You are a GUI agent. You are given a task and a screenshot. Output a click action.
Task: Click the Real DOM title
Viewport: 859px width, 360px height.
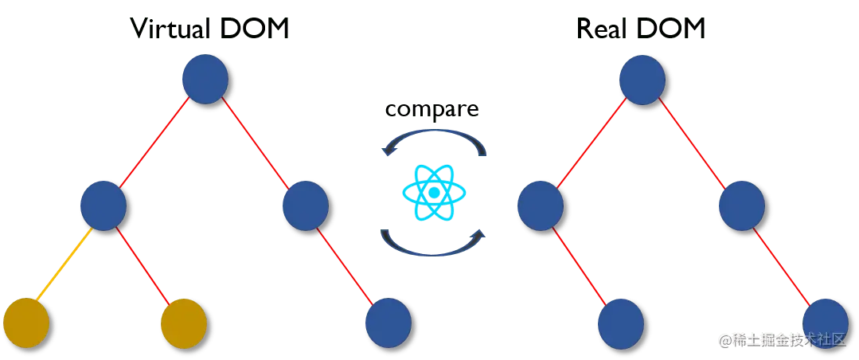[x=642, y=26]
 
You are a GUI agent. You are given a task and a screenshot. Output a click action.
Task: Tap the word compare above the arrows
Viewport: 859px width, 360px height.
[x=432, y=111]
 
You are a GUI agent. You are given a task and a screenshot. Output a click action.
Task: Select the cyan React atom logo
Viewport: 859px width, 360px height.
[x=432, y=193]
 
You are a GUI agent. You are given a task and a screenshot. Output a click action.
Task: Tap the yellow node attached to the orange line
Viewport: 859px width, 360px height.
[x=25, y=323]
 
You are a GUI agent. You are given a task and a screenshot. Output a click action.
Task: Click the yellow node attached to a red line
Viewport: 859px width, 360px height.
[x=183, y=323]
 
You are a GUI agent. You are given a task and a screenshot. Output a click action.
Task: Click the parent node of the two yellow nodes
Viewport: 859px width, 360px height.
[x=103, y=205]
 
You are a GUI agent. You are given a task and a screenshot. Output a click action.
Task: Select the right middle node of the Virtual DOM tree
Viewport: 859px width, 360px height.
[x=305, y=205]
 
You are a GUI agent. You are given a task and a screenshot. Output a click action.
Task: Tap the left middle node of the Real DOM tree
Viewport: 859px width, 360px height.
[x=540, y=205]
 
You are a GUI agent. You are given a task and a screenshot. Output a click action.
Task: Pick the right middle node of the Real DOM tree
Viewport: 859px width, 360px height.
[x=742, y=205]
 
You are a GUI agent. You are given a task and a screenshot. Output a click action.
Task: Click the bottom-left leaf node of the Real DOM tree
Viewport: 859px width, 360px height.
[x=620, y=323]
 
